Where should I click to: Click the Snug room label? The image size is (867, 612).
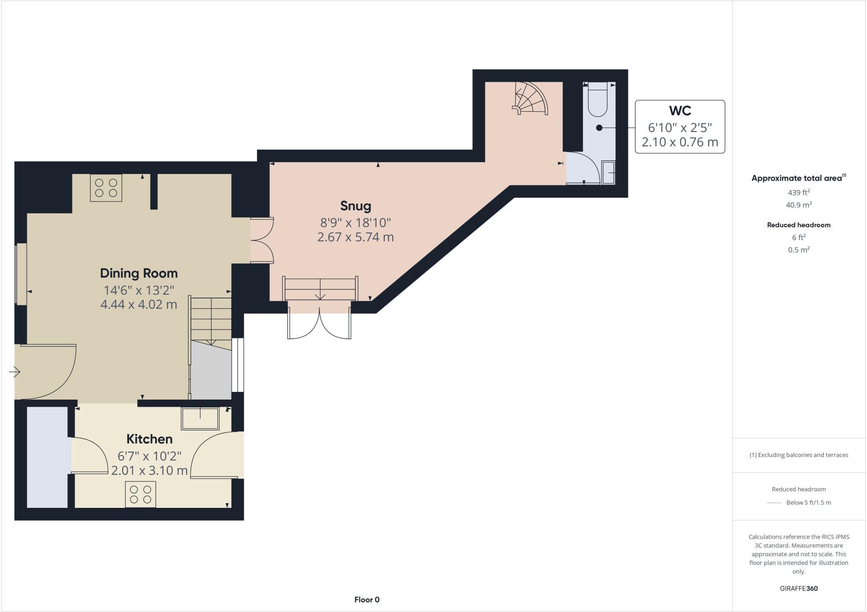click(356, 206)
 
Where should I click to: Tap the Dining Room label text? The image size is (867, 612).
click(138, 273)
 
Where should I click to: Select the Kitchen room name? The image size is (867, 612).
click(149, 439)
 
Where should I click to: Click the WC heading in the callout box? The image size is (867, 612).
click(680, 111)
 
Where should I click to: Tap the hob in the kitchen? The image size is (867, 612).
click(141, 494)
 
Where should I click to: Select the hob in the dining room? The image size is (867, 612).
click(106, 188)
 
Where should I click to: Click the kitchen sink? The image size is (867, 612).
click(200, 419)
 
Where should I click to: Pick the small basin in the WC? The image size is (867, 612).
click(608, 173)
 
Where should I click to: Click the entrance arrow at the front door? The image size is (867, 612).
click(14, 372)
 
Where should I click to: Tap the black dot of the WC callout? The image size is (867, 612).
click(599, 127)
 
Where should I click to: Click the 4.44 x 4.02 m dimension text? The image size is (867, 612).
click(138, 305)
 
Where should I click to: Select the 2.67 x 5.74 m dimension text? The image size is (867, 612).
click(356, 237)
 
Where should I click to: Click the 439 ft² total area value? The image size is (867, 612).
click(798, 193)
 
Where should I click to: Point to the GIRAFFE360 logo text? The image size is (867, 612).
click(798, 588)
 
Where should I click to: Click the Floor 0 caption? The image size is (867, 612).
click(367, 600)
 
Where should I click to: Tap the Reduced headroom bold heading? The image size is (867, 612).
click(798, 225)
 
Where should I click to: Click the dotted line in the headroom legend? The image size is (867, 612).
click(774, 503)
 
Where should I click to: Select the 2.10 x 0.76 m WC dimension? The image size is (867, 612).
click(680, 142)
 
